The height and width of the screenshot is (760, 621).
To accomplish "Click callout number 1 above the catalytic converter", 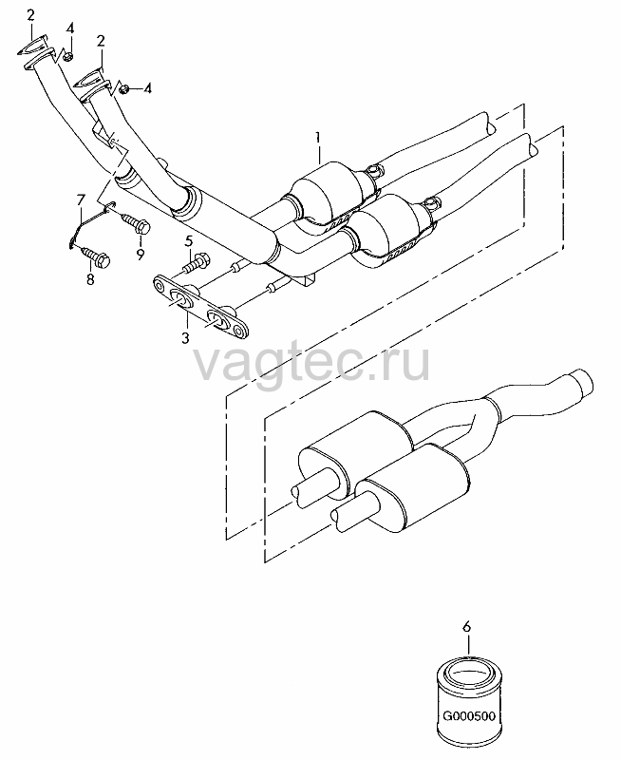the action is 318,138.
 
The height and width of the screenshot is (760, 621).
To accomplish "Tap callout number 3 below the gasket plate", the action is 185,338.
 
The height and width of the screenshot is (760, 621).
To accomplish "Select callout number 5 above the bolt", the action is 188,241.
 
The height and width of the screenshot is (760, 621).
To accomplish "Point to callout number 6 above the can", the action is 466,627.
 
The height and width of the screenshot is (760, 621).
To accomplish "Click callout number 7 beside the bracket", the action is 81,199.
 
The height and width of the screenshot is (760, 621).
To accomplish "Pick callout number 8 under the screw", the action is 90,279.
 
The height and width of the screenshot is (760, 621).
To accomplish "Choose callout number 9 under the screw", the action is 140,255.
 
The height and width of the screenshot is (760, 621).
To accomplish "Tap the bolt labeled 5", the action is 196,262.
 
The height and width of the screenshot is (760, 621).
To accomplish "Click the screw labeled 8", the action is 96,256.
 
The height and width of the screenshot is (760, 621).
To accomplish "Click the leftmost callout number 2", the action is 31,15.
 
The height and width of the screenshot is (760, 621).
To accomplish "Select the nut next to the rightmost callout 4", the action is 124,88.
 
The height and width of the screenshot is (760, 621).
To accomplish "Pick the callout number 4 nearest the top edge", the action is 70,28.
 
